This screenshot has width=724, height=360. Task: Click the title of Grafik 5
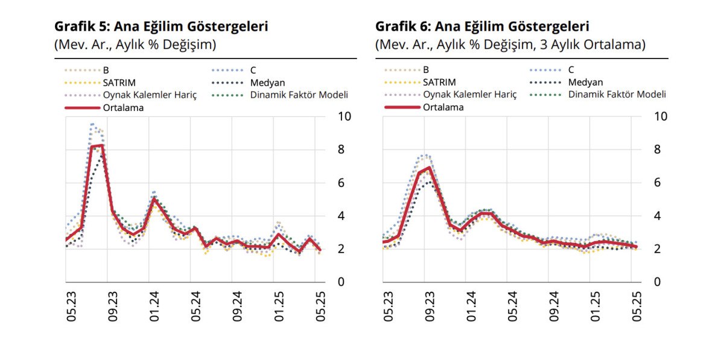click(x=161, y=27)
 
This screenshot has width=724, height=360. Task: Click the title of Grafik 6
click(x=482, y=27)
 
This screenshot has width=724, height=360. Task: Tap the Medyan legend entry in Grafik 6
click(x=585, y=82)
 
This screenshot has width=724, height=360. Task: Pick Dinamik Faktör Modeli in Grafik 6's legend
click(x=617, y=95)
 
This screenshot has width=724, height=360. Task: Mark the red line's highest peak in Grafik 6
click(x=429, y=168)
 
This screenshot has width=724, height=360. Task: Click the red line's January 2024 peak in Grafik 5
click(x=154, y=198)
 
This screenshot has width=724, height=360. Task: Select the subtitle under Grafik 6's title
click(x=510, y=45)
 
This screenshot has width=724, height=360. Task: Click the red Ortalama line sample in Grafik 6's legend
click(x=401, y=108)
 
